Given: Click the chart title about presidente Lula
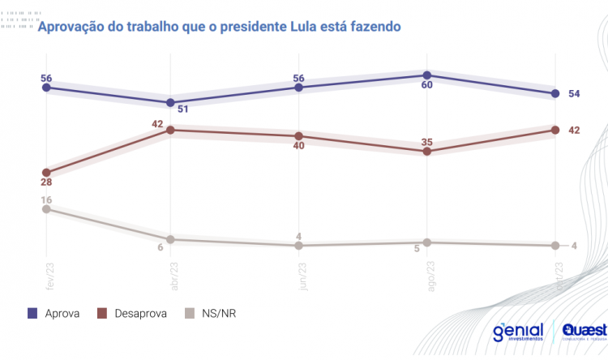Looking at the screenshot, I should (220, 27).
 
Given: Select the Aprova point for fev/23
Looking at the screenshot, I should (46, 87).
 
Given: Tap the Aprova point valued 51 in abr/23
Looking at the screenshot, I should (170, 103).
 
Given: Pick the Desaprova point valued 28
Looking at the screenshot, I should (46, 173).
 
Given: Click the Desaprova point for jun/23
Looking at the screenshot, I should (299, 136).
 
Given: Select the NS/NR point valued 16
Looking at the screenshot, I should (46, 208).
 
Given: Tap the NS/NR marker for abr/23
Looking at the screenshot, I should (170, 239).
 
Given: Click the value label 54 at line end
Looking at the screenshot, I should (573, 94).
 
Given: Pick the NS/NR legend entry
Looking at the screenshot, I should (211, 314).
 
